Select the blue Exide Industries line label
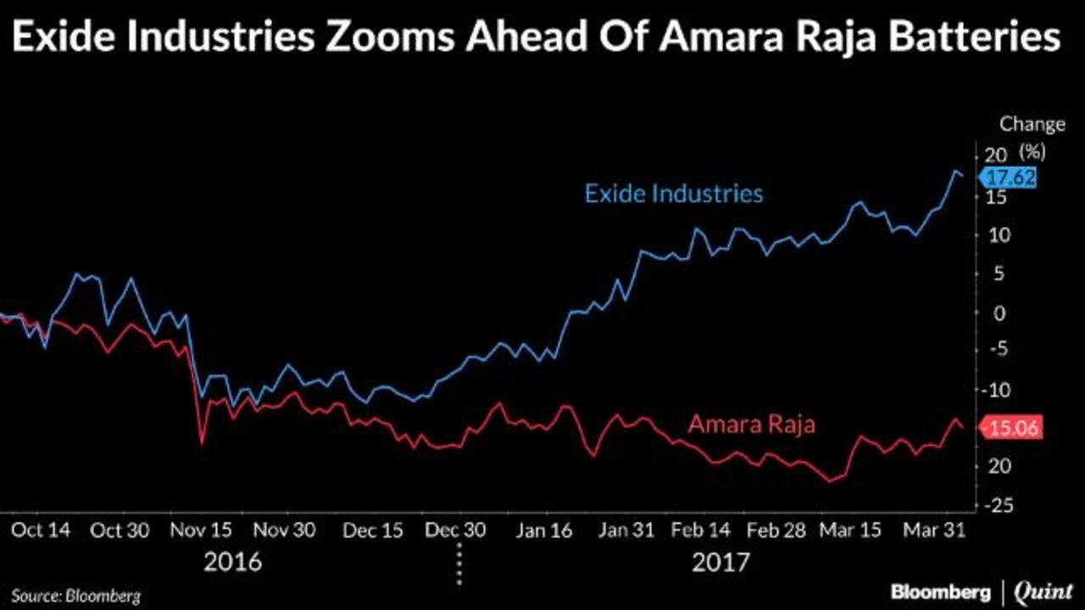tap(674, 193)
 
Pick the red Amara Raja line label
tap(751, 424)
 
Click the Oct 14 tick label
tap(41, 530)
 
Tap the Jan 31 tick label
tap(626, 530)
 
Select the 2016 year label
tap(231, 562)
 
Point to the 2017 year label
tap(720, 562)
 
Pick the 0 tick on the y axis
tap(1001, 313)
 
